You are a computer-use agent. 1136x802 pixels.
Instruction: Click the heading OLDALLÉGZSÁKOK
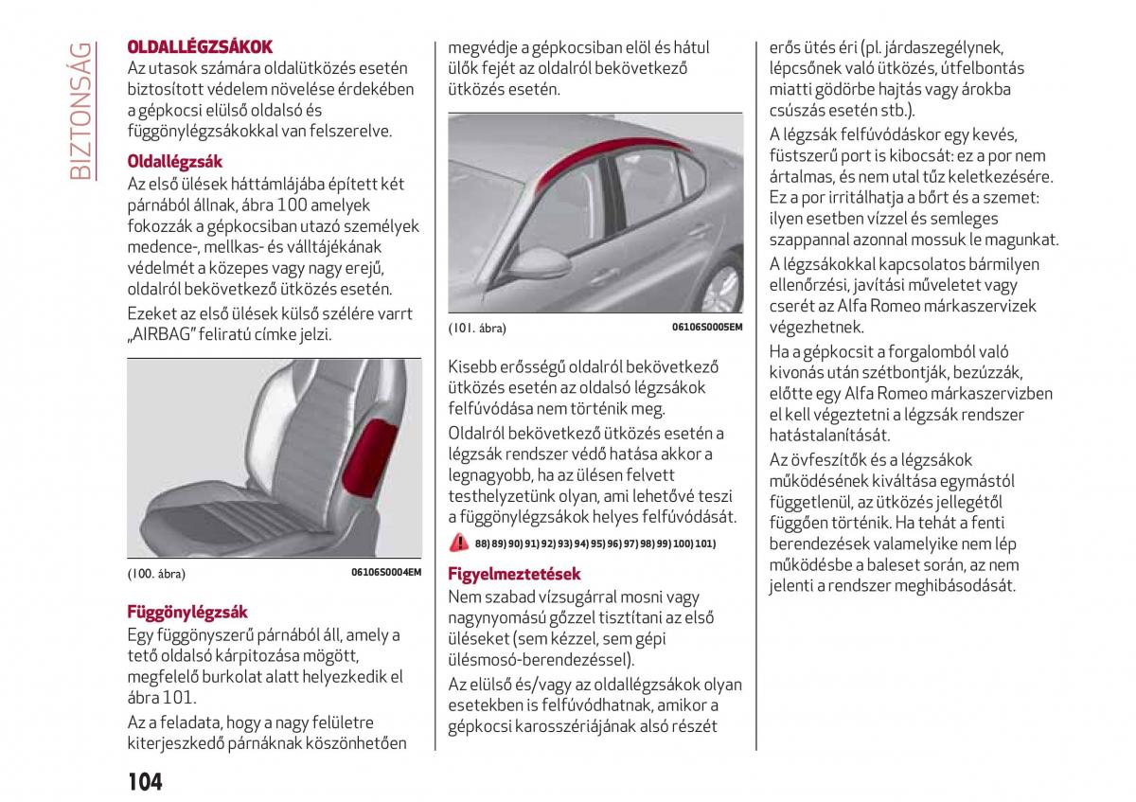[x=200, y=46]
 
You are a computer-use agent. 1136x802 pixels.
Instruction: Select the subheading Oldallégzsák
[x=175, y=162]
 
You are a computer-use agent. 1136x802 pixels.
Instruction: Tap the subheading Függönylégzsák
[x=187, y=612]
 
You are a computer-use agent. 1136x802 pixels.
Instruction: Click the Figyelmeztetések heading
[x=514, y=574]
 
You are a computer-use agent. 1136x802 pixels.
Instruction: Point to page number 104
[x=144, y=781]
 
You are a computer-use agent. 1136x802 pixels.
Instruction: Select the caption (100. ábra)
[x=156, y=574]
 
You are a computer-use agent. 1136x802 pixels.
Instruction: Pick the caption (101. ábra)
[x=477, y=329]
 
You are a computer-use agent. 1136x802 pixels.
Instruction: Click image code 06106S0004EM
[x=385, y=573]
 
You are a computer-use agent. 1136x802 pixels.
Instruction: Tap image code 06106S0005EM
[x=707, y=328]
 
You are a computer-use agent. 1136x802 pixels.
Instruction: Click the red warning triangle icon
[x=459, y=543]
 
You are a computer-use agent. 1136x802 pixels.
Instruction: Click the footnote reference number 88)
[x=483, y=544]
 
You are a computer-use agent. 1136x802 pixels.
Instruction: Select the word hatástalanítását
[x=829, y=435]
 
